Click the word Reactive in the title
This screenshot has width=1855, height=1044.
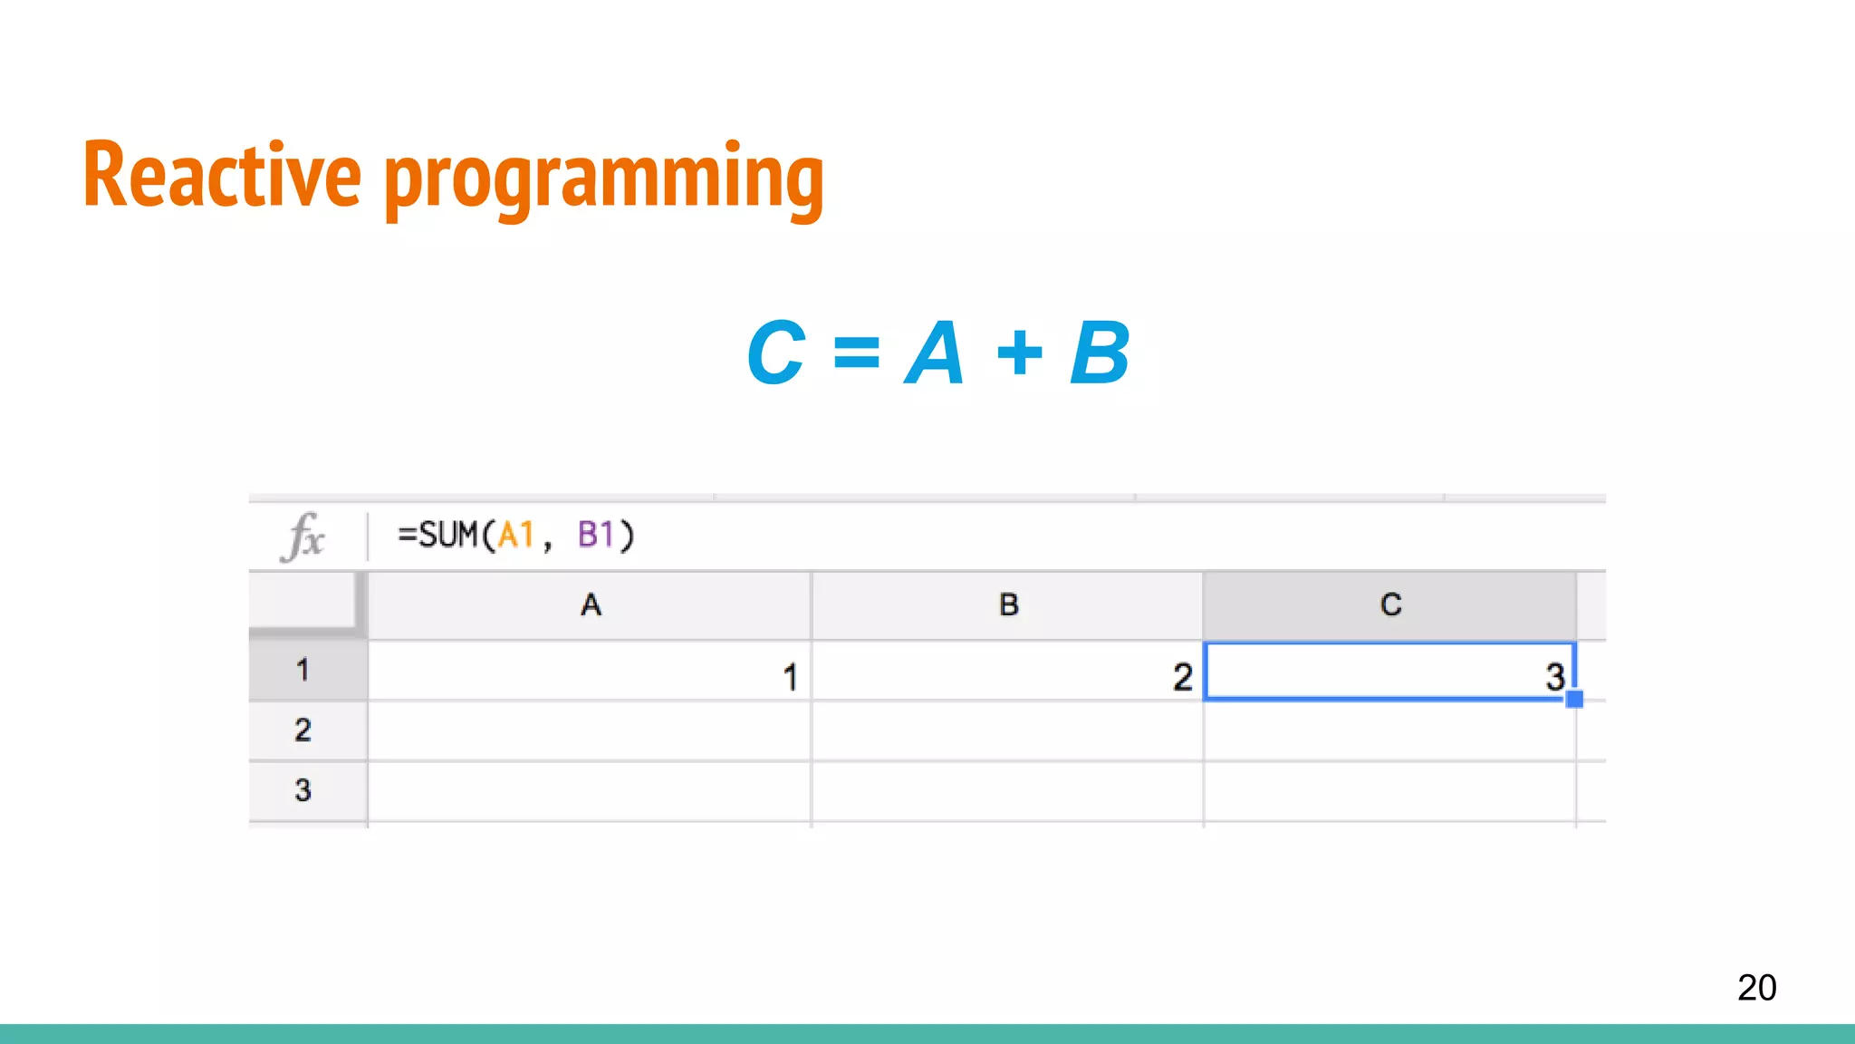222,176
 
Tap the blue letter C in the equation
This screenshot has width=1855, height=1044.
776,353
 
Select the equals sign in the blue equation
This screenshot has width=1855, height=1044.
856,353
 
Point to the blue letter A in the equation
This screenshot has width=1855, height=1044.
935,353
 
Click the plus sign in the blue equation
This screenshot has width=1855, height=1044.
1020,353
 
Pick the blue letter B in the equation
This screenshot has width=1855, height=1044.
1100,353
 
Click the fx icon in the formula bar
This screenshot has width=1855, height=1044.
303,536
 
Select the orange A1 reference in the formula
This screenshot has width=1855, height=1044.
516,535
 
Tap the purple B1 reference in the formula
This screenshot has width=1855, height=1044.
596,535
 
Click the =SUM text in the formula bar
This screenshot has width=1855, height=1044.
438,535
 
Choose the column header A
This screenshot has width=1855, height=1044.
591,604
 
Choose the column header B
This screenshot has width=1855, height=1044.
1008,604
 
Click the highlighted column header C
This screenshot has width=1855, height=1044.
1390,604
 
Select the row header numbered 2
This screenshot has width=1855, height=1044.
303,730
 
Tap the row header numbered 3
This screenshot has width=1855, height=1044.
303,790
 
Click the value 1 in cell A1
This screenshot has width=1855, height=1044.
790,677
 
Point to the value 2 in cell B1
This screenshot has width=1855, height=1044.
1182,677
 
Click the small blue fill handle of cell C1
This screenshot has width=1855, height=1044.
1574,699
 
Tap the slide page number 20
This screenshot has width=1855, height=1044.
1756,987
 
